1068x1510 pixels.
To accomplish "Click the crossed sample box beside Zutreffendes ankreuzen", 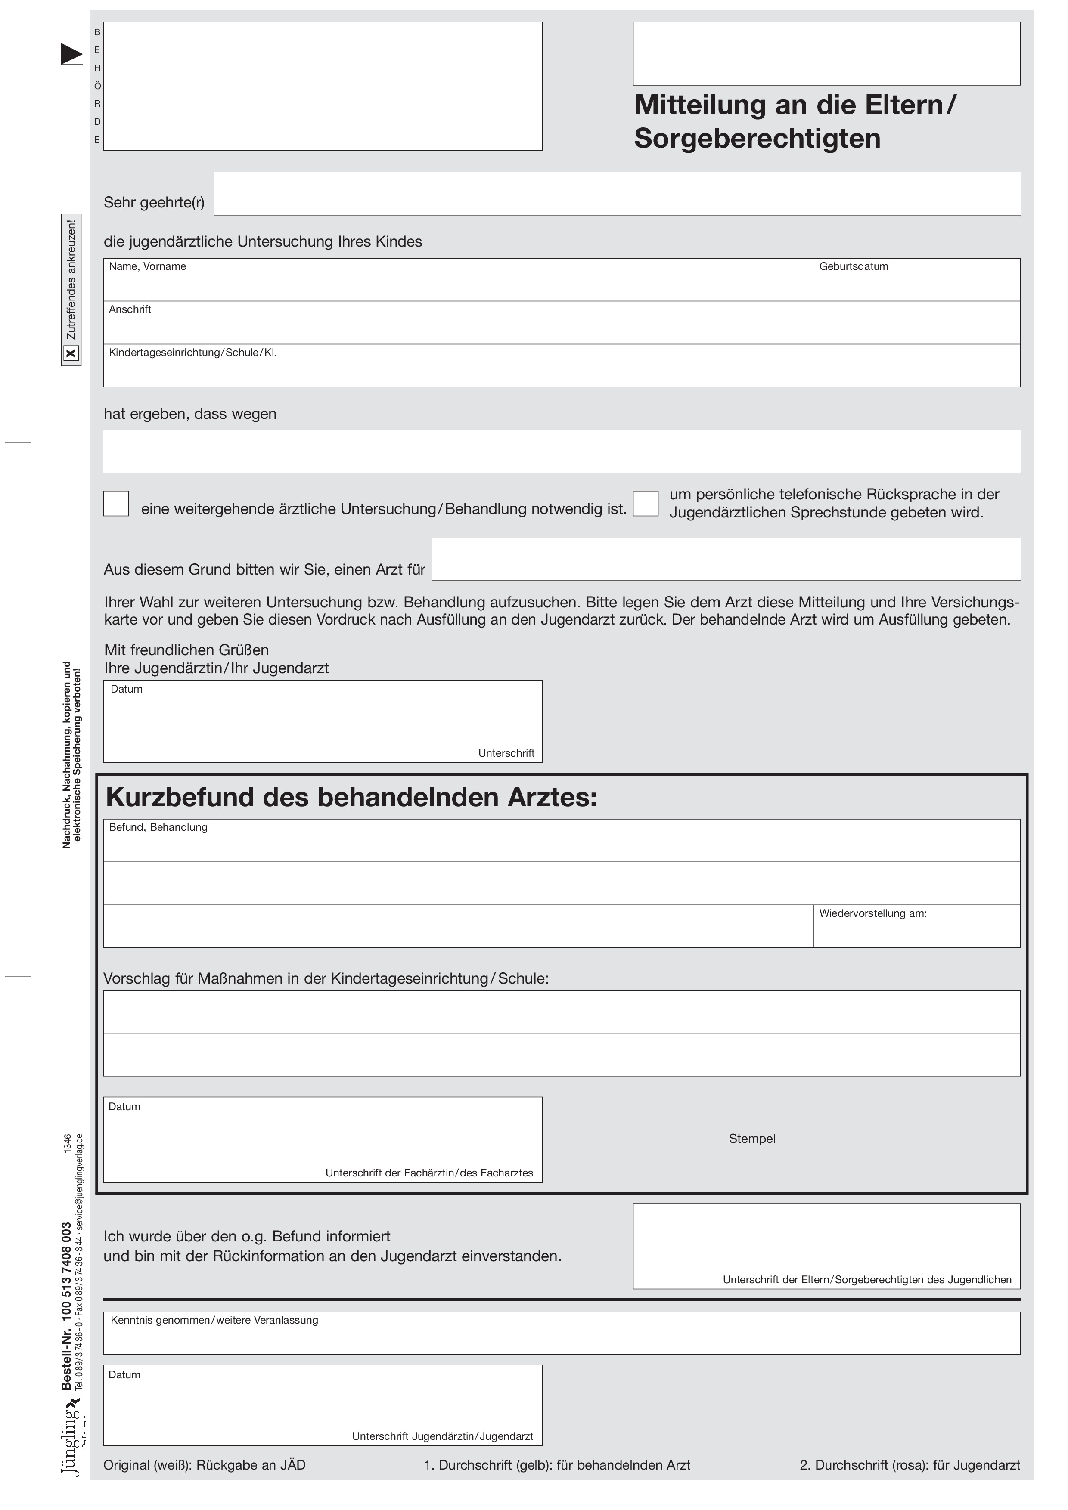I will [71, 354].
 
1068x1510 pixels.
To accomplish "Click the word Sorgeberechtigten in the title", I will [757, 139].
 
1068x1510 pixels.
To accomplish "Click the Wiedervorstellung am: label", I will [872, 913].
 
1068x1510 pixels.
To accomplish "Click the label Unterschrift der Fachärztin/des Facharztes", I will [429, 1173].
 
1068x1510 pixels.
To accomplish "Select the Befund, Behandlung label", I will [158, 827].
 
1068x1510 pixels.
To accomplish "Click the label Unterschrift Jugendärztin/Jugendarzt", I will [442, 1436].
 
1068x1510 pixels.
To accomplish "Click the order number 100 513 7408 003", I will [66, 1269].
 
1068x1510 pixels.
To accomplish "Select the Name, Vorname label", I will [147, 267].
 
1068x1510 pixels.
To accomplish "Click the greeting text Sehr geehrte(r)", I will [154, 203].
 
